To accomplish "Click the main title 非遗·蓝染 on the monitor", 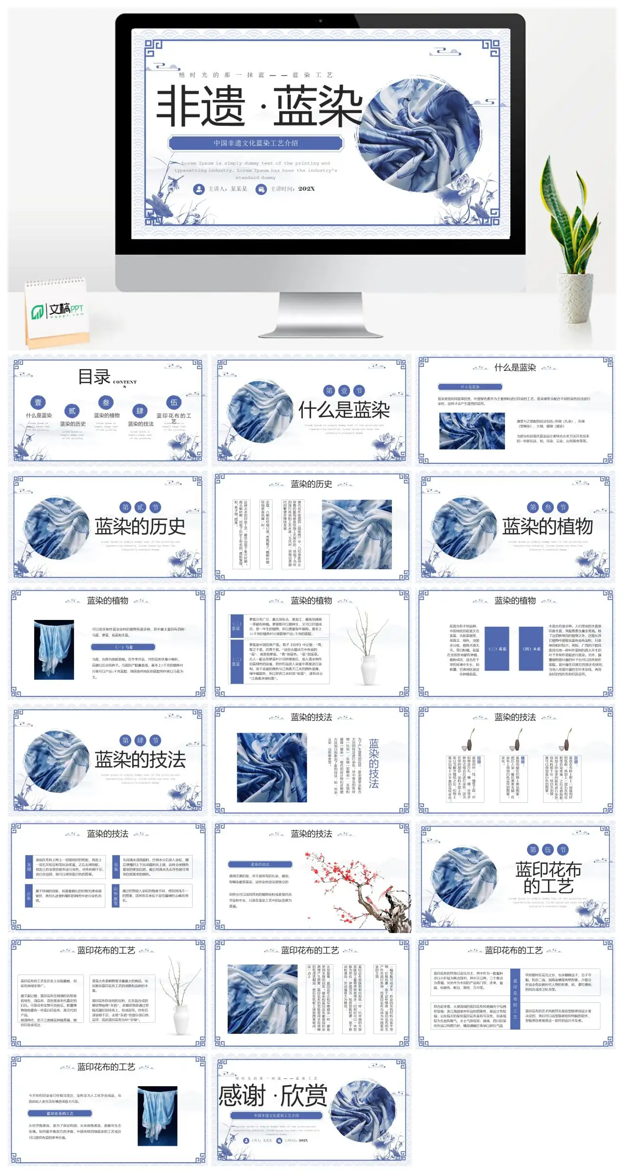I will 259,106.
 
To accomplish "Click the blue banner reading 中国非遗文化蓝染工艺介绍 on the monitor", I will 255,143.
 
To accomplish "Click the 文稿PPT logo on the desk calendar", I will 58,310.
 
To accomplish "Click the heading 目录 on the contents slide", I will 95,377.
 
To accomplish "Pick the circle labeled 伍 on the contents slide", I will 174,402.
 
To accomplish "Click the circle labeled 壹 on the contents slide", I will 38,402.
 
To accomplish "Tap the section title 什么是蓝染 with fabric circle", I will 344,410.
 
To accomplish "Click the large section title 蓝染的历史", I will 140,526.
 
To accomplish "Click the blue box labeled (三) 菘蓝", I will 497,649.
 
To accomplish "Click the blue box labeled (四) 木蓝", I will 531,649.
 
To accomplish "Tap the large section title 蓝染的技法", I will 140,759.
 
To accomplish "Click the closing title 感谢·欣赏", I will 273,1096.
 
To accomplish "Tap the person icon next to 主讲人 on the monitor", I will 198,189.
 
